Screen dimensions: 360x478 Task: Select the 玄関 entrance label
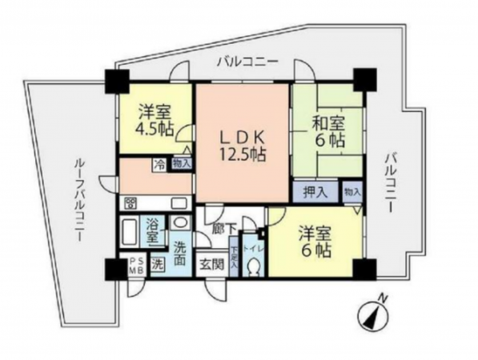(x=211, y=264)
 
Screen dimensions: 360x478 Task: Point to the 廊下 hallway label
(x=223, y=229)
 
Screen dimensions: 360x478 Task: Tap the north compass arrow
(x=373, y=314)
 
